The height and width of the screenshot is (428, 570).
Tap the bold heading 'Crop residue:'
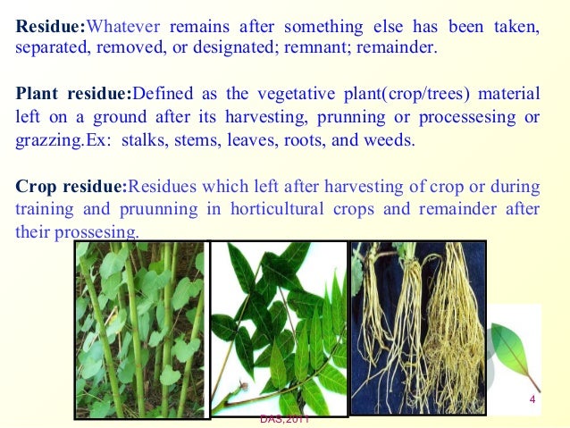tap(71, 188)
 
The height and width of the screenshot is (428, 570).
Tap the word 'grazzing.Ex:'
tap(59, 141)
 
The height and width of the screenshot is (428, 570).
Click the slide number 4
tap(532, 399)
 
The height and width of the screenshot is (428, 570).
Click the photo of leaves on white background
tap(278, 328)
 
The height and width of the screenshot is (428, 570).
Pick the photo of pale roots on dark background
tap(417, 326)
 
